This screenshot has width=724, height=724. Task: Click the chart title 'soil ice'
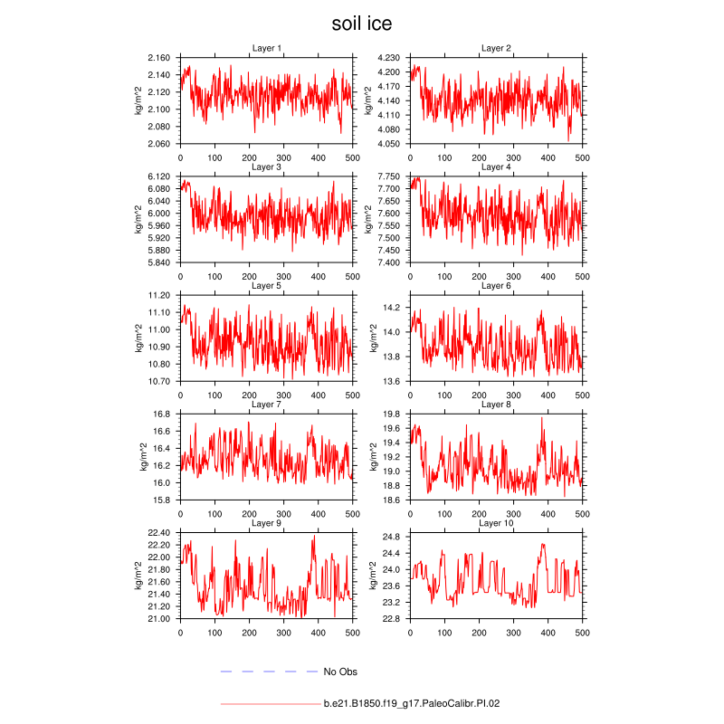pos(362,23)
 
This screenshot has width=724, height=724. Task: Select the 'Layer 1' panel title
pos(266,48)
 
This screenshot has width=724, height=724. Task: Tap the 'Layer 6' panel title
pos(496,286)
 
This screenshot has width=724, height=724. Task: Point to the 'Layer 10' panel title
pos(496,523)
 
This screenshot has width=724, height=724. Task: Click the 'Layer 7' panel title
pos(266,405)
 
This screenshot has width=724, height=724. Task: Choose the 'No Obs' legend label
pos(341,672)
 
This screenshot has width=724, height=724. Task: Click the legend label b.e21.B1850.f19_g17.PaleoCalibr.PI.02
pos(412,702)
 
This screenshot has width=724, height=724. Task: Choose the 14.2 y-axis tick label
pos(394,308)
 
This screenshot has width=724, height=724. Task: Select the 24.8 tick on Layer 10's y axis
pos(394,537)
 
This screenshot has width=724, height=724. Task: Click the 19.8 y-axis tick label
pos(394,414)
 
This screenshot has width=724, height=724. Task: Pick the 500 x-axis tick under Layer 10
pos(582,633)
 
